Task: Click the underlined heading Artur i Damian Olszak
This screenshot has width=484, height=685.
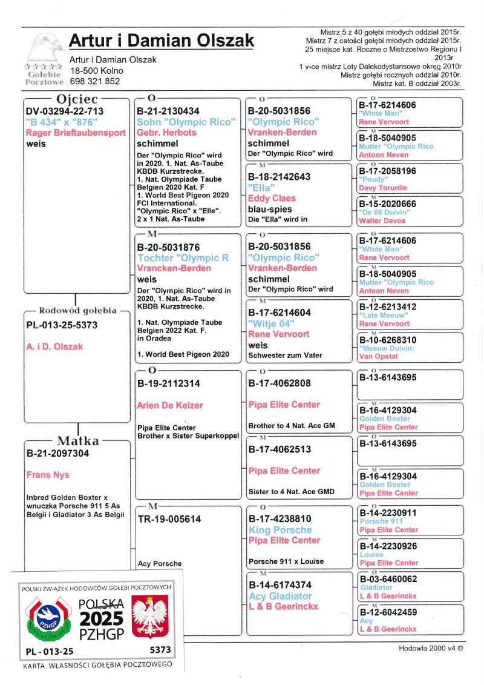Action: [x=161, y=41]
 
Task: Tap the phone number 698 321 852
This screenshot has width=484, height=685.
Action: [x=95, y=81]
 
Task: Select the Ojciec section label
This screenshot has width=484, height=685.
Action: [x=77, y=99]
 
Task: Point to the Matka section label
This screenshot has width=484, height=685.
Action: [x=78, y=441]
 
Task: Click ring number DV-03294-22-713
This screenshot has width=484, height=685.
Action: [x=65, y=111]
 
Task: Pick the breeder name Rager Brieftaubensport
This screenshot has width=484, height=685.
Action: [x=76, y=133]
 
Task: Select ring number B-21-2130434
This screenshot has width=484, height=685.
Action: [x=168, y=111]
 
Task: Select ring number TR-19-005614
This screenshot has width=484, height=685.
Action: [x=169, y=519]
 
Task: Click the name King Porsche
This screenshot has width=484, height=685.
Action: [x=280, y=530]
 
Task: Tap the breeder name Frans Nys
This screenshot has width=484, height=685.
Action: [x=48, y=475]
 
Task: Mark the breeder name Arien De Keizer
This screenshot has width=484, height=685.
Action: [x=170, y=405]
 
